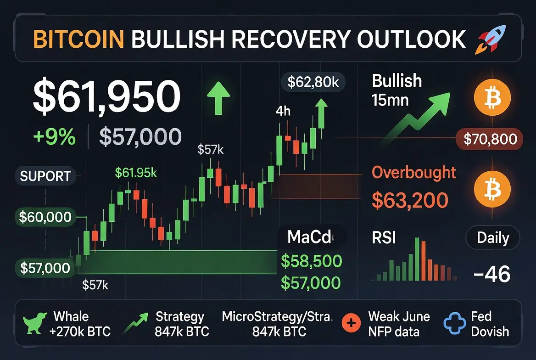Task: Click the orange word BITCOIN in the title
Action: (x=78, y=39)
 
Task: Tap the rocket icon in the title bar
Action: (x=491, y=39)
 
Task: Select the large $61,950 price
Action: (x=106, y=96)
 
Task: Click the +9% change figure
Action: (x=54, y=136)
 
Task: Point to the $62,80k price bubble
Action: (x=313, y=82)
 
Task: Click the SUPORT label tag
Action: (x=45, y=176)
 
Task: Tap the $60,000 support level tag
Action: (x=45, y=217)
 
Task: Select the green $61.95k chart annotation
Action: (x=136, y=173)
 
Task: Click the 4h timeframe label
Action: (x=283, y=111)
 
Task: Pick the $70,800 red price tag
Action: (x=490, y=139)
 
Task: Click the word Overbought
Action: (x=414, y=173)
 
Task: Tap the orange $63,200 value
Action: (x=410, y=200)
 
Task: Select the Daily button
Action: (x=493, y=237)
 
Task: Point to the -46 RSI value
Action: (x=492, y=274)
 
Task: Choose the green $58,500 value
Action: (x=311, y=261)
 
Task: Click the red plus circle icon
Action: (x=352, y=323)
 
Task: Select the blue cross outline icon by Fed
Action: (x=455, y=323)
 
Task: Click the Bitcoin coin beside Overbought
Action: (x=492, y=189)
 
